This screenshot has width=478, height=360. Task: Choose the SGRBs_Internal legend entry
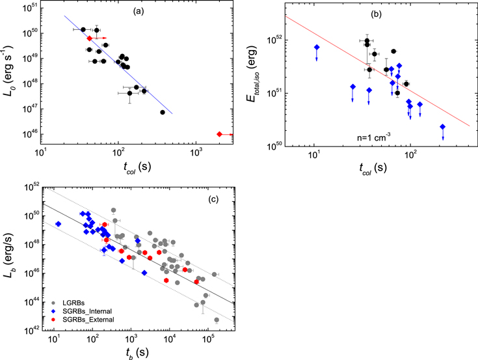82,311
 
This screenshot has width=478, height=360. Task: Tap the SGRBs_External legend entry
83,320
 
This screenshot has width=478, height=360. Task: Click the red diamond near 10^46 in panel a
219,134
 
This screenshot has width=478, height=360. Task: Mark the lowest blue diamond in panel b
443,127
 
